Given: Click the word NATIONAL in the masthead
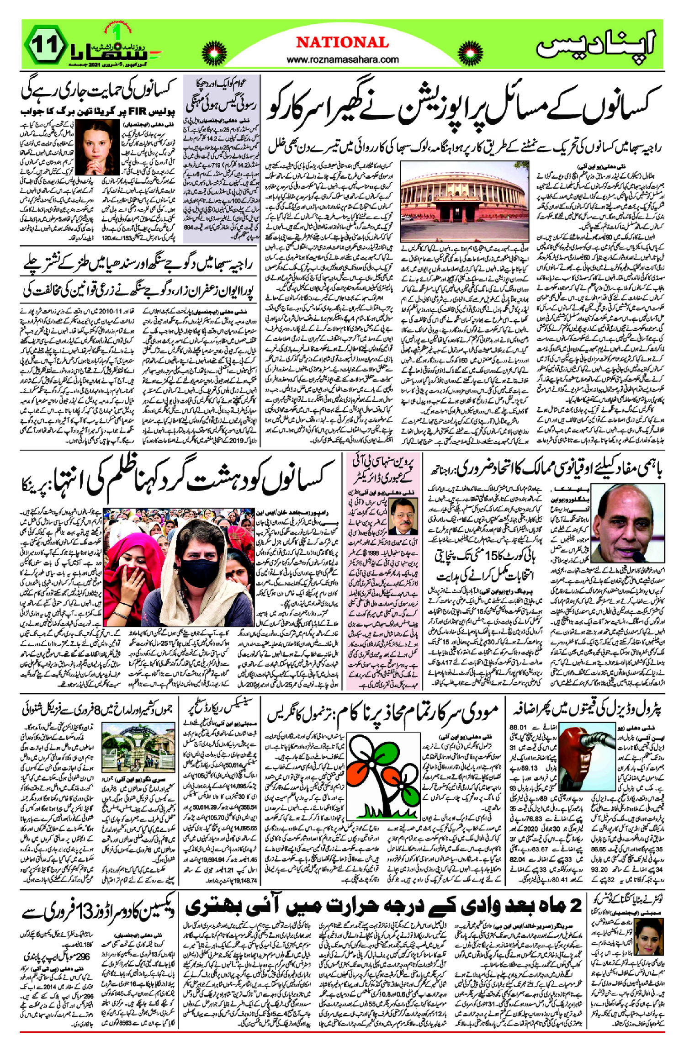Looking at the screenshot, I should point(342,43).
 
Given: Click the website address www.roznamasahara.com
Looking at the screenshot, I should point(342,59).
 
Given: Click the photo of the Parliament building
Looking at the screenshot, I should point(465,201).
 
